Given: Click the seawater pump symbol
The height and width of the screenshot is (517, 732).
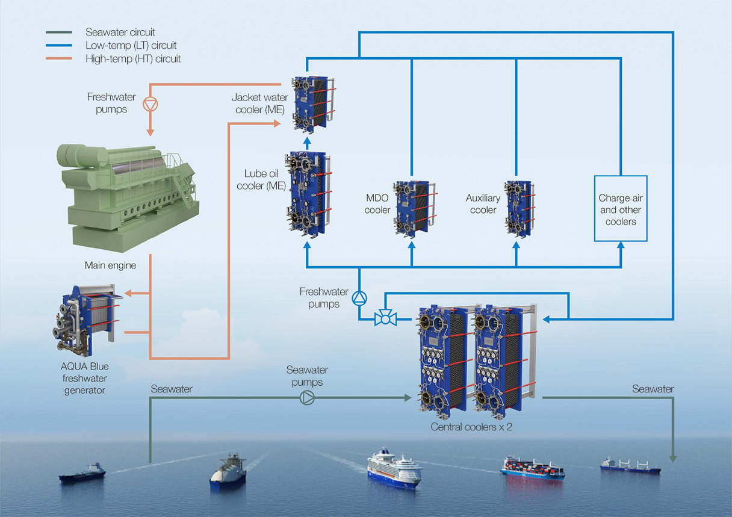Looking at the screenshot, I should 307,397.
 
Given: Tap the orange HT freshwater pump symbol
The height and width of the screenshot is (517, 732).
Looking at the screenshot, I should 150,104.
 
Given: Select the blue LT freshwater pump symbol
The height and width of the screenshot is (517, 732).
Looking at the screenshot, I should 359,297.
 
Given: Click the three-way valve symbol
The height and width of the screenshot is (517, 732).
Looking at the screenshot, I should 383,318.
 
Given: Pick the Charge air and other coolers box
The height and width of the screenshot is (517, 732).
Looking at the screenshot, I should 621,209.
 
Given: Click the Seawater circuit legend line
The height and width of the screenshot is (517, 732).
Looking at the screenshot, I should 59,33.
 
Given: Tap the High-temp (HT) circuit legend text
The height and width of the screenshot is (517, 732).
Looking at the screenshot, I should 133,59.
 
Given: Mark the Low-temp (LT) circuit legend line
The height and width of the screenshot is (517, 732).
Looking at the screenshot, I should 59,46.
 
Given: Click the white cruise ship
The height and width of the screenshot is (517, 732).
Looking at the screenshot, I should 394,468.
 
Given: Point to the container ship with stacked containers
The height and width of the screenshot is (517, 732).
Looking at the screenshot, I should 532,467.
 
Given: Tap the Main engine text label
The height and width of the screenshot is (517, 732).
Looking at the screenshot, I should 110,265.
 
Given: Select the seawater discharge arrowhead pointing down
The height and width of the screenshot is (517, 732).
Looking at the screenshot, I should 673,458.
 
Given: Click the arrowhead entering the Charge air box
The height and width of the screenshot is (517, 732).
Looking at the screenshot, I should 621,245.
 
